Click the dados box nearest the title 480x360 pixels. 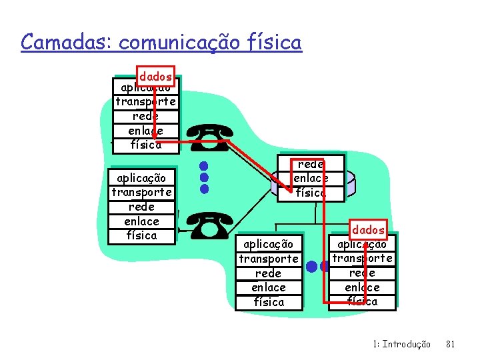(x=155, y=77)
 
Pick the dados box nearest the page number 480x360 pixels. (x=369, y=229)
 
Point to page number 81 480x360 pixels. (x=450, y=344)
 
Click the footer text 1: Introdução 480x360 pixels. (x=401, y=344)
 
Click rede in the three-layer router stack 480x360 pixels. (x=311, y=164)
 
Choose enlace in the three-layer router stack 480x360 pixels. (x=311, y=178)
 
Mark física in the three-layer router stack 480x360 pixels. (x=311, y=193)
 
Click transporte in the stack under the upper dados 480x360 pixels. (x=145, y=102)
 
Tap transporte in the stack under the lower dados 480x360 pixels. (x=363, y=258)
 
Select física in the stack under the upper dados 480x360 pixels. (x=145, y=145)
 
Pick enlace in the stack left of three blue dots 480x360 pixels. (x=141, y=221)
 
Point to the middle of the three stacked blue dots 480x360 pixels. (x=205, y=177)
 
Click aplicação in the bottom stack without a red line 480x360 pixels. (x=269, y=244)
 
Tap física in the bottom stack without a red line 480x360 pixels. (x=269, y=301)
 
